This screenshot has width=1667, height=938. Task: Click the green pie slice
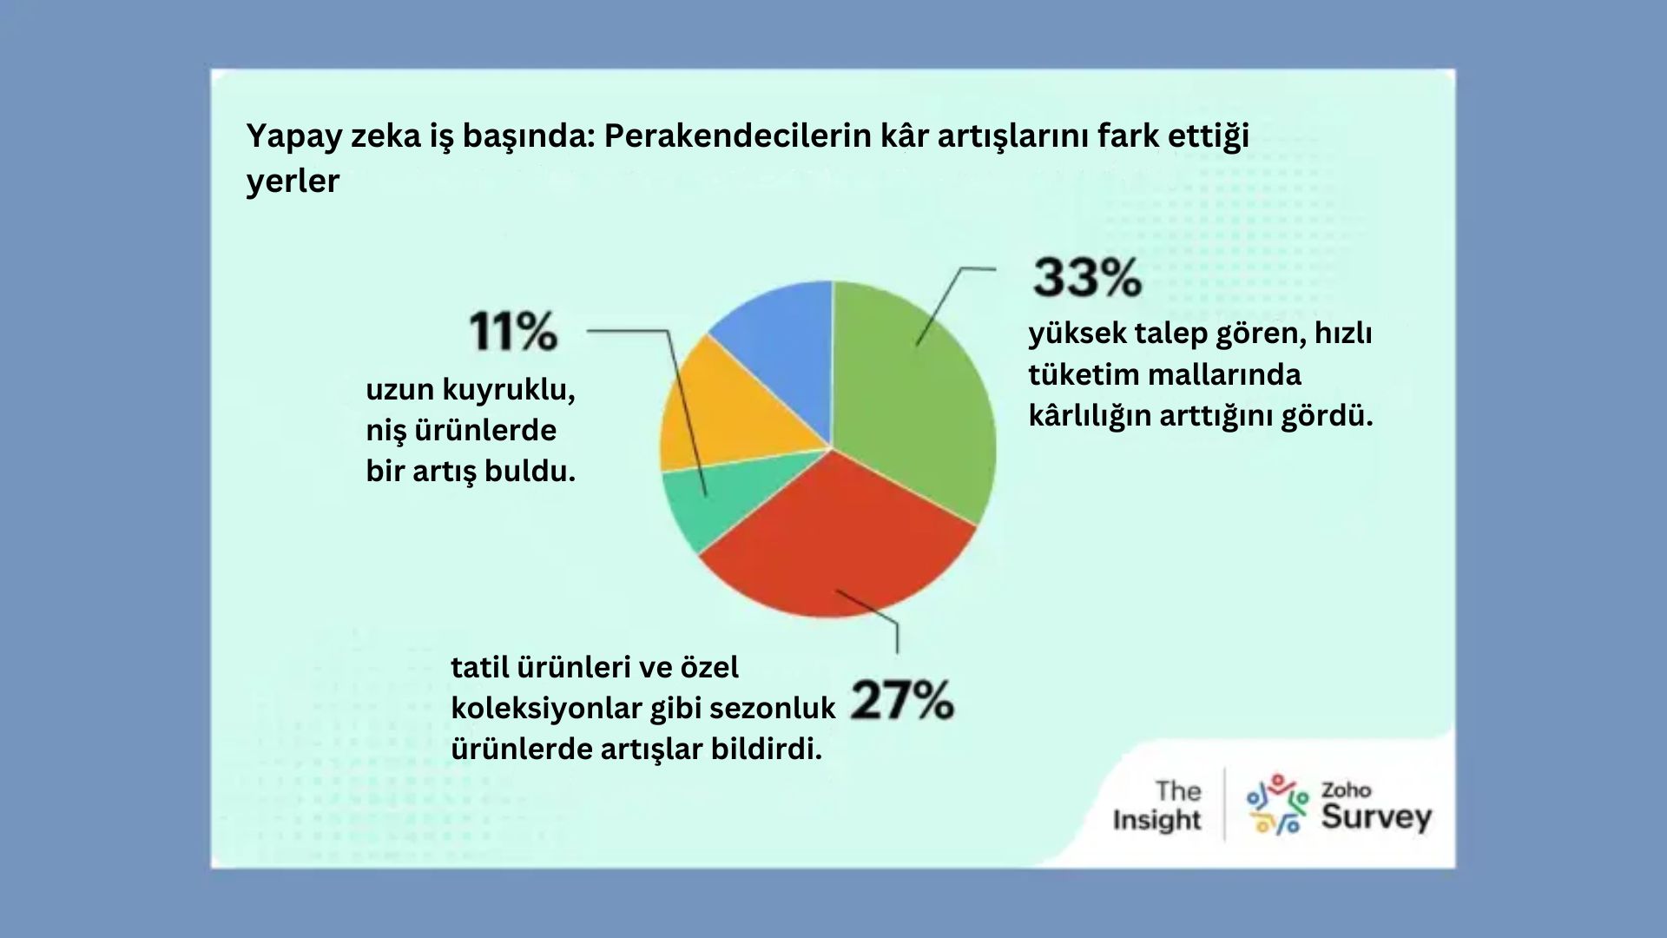[920, 400]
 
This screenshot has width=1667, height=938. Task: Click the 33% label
[1087, 278]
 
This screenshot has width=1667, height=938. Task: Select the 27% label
[902, 700]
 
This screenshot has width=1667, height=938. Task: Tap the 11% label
[513, 331]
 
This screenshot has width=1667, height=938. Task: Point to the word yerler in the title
[293, 181]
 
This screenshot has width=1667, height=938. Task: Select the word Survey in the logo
[1376, 817]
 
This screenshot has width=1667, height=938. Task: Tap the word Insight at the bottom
[1156, 820]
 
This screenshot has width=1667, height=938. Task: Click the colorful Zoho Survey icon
[1276, 804]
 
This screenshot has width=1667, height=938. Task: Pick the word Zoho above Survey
[1346, 790]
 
